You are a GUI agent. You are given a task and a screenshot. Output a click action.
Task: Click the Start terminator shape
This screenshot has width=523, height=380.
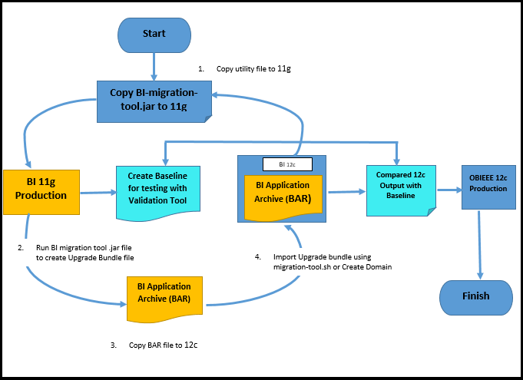tap(154, 35)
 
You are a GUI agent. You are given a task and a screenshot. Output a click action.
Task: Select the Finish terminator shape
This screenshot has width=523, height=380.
tap(475, 296)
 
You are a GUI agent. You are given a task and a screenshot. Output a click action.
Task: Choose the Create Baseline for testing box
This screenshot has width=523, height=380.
tap(157, 188)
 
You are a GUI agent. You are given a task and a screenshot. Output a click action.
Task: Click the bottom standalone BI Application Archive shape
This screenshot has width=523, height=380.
tap(164, 293)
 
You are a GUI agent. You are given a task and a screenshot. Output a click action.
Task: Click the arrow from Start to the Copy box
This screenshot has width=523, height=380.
tap(156, 66)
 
